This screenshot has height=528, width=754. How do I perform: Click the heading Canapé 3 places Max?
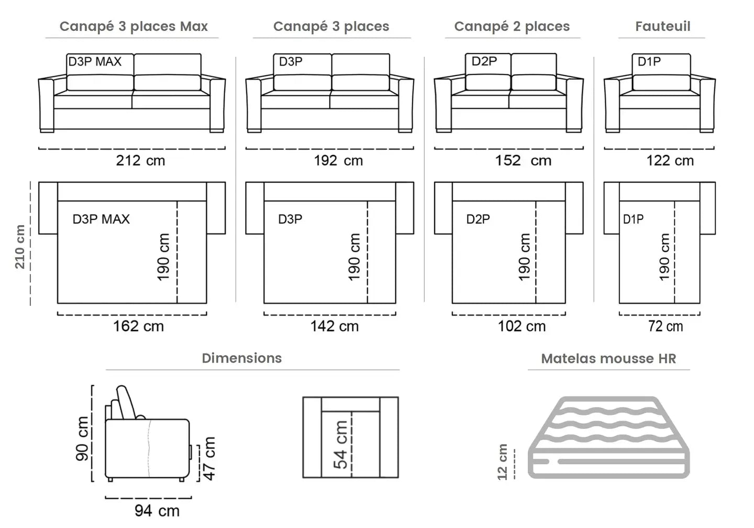(x=134, y=26)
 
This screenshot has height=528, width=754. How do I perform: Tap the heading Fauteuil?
(x=662, y=26)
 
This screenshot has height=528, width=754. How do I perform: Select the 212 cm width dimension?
(x=140, y=160)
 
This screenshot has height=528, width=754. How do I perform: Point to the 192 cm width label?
(x=338, y=160)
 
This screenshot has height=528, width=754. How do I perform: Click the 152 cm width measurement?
(x=523, y=160)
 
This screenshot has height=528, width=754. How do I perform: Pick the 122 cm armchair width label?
(x=670, y=160)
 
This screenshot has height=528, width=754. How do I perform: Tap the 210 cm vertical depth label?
(x=20, y=247)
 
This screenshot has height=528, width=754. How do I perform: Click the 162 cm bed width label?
(x=138, y=326)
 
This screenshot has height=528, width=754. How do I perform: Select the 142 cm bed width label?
(x=335, y=326)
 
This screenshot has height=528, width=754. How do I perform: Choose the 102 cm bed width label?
(x=522, y=326)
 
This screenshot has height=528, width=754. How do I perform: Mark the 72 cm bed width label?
(x=666, y=326)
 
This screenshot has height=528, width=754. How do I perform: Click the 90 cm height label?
(x=83, y=438)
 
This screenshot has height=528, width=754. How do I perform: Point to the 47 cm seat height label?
(x=209, y=458)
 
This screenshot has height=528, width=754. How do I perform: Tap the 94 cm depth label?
(x=157, y=510)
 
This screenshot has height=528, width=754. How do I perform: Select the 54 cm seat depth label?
(x=340, y=444)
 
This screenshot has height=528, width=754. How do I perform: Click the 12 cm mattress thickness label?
(x=503, y=461)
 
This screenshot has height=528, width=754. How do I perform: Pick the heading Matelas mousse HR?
(x=608, y=359)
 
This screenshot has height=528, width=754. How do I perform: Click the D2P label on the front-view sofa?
(x=484, y=61)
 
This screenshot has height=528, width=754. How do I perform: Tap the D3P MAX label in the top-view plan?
(x=101, y=219)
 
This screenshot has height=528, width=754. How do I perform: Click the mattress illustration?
(x=609, y=437)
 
